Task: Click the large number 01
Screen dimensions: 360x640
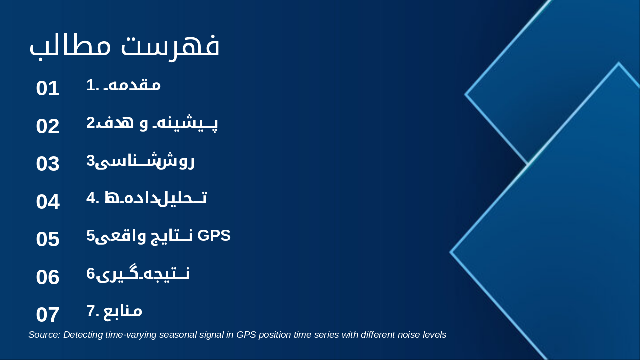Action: [x=48, y=88]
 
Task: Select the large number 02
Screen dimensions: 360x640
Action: [x=48, y=126]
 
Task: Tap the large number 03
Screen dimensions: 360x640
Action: [x=48, y=164]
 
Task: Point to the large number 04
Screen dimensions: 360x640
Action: [x=48, y=202]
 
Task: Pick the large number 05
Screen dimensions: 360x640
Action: [x=48, y=239]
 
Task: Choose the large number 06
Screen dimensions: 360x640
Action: [x=48, y=277]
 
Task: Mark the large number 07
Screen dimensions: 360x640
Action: [x=48, y=315]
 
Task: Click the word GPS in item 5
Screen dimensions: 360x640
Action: [x=214, y=235]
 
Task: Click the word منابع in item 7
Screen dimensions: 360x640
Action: [x=123, y=311]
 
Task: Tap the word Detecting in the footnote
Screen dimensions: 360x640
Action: [x=83, y=335]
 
